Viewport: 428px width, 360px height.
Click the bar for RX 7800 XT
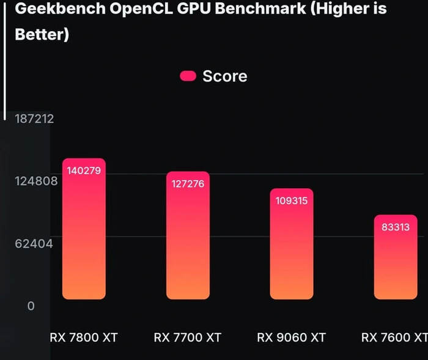pyautogui.click(x=84, y=232)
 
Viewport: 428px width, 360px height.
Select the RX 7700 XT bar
pyautogui.click(x=188, y=238)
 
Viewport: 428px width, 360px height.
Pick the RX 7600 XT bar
pyautogui.click(x=395, y=260)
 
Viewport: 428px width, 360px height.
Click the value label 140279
pyautogui.click(x=84, y=169)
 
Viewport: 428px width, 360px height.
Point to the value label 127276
pyautogui.click(x=188, y=183)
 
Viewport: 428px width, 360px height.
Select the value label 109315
pyautogui.click(x=292, y=200)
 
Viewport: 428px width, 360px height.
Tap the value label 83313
pyautogui.click(x=395, y=227)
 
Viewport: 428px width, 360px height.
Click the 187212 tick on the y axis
pyautogui.click(x=34, y=119)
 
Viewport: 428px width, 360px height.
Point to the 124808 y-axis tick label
pyautogui.click(x=35, y=181)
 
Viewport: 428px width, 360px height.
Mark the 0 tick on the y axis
pyautogui.click(x=31, y=306)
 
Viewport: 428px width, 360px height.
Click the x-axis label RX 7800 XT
pyautogui.click(x=84, y=337)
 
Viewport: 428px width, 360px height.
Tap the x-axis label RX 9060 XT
pyautogui.click(x=291, y=337)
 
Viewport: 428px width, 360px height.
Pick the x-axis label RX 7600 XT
pyautogui.click(x=394, y=337)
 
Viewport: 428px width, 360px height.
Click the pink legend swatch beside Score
pyautogui.click(x=188, y=76)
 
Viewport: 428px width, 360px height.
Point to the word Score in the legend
pyautogui.click(x=224, y=76)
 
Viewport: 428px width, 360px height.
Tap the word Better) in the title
pyautogui.click(x=41, y=34)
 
